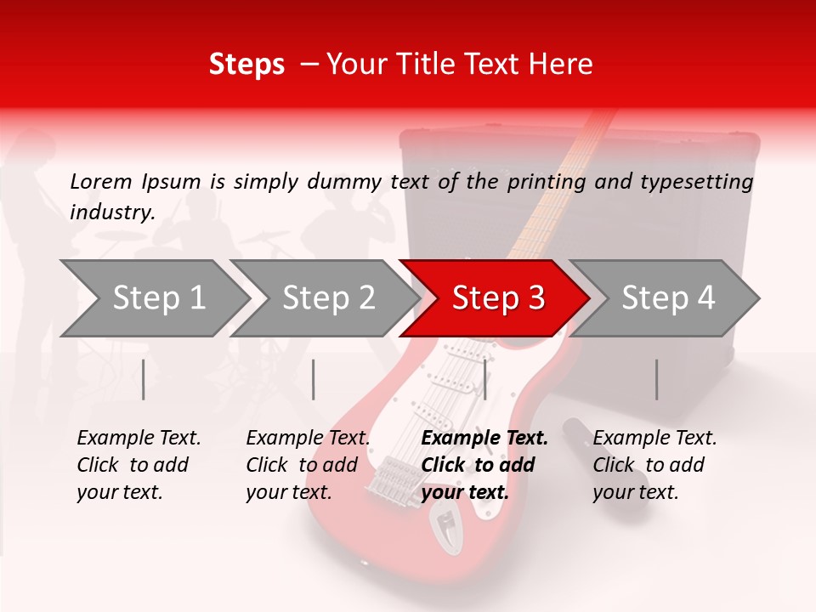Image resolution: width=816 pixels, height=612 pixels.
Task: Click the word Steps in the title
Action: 246,65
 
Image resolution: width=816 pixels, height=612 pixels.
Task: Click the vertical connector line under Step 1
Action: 144,379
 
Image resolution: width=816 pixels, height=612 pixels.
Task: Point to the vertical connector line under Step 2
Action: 314,379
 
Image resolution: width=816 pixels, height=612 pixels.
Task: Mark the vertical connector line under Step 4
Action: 656,379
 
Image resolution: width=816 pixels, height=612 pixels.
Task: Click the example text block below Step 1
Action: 139,465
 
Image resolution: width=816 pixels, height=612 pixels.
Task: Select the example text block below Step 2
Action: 308,465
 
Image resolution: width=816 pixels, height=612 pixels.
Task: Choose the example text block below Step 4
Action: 654,465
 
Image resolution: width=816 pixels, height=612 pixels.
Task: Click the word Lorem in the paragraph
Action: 101,182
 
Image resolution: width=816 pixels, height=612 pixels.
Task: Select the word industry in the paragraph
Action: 110,212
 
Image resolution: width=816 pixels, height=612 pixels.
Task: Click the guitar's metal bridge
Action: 387,476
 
